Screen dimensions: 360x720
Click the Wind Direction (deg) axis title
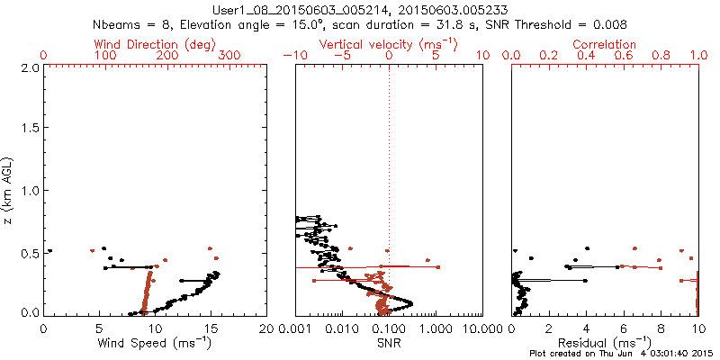pos(155,44)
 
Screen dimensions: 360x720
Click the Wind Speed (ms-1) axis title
pos(155,342)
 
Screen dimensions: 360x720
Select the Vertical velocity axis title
pos(389,44)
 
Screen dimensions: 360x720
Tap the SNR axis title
pos(389,343)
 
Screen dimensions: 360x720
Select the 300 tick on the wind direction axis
pos(229,56)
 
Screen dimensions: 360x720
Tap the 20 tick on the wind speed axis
pos(266,329)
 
